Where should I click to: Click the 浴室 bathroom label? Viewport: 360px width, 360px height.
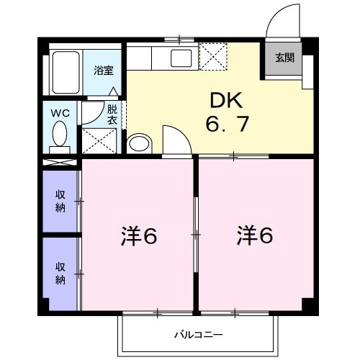click(104, 71)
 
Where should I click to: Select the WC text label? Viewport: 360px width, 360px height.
click(60, 112)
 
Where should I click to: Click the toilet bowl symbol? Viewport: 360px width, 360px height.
click(60, 133)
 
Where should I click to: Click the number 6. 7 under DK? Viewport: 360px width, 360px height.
click(226, 125)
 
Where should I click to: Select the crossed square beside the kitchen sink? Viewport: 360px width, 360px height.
click(213, 56)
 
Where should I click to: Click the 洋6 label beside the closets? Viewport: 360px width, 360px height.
click(139, 236)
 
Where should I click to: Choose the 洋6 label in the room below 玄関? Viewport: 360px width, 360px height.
click(256, 236)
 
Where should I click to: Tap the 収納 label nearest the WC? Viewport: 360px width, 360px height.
click(61, 201)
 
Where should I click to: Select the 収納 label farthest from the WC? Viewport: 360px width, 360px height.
click(61, 272)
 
